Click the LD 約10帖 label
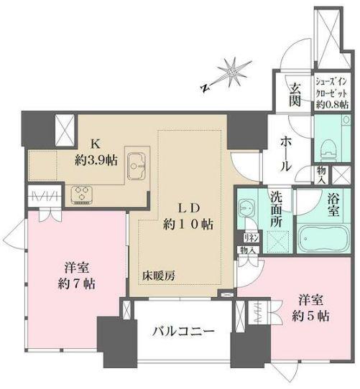tap(189, 215)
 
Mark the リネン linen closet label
tap(251, 238)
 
